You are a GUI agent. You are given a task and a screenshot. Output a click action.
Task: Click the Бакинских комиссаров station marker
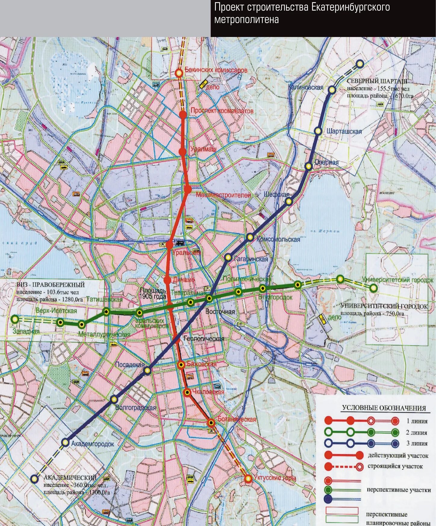click(179, 73)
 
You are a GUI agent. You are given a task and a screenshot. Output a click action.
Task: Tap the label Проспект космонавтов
click(222, 111)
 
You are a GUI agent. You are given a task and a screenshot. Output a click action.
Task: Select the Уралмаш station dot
click(182, 152)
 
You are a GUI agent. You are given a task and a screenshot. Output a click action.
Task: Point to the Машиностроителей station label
click(223, 195)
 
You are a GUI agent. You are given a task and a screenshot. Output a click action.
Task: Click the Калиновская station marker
click(332, 90)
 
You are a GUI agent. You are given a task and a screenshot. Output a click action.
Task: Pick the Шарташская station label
click(344, 131)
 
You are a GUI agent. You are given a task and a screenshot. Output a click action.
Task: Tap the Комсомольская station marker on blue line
click(250, 237)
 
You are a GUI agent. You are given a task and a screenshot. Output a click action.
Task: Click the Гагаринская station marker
click(228, 257)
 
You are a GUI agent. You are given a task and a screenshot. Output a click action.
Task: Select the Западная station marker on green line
click(14, 319)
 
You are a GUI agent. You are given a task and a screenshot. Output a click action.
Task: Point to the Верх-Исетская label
click(56, 311)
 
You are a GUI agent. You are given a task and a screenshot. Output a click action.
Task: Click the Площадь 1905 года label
click(153, 294)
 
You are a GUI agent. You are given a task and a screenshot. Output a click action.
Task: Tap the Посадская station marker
click(147, 371)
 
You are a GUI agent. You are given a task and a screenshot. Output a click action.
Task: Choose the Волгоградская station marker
click(114, 399)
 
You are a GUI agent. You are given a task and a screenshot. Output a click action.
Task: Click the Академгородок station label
click(92, 444)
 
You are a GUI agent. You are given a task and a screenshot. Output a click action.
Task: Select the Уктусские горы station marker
click(248, 478)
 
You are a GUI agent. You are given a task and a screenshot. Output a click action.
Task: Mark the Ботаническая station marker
click(211, 423)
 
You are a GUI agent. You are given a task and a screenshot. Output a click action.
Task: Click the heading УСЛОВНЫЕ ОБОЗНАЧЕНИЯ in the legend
click(384, 408)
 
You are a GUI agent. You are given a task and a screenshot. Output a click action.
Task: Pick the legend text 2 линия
click(416, 432)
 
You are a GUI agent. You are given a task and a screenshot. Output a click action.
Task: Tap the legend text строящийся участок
click(395, 466)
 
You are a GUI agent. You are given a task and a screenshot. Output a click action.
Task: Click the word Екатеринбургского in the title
click(350, 7)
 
